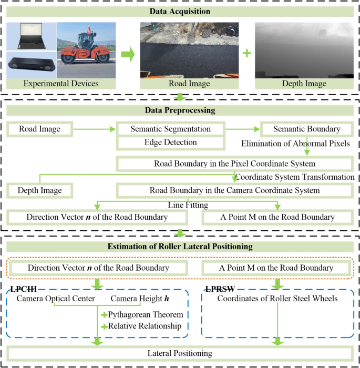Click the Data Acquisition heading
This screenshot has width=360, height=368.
180,11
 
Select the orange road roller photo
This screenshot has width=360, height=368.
84,48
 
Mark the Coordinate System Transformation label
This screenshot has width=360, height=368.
294,177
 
